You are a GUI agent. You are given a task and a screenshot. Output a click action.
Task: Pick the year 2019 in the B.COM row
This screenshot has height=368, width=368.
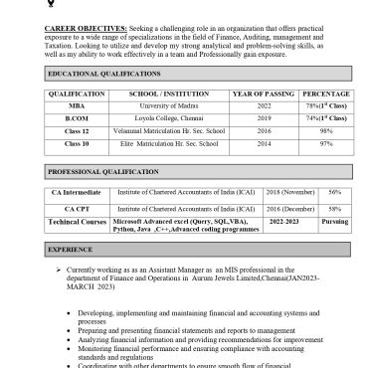(x=264, y=116)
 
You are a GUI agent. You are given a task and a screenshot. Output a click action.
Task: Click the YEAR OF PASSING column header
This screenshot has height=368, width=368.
(x=264, y=92)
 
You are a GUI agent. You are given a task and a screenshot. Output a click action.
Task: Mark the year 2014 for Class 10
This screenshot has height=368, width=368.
(x=264, y=143)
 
